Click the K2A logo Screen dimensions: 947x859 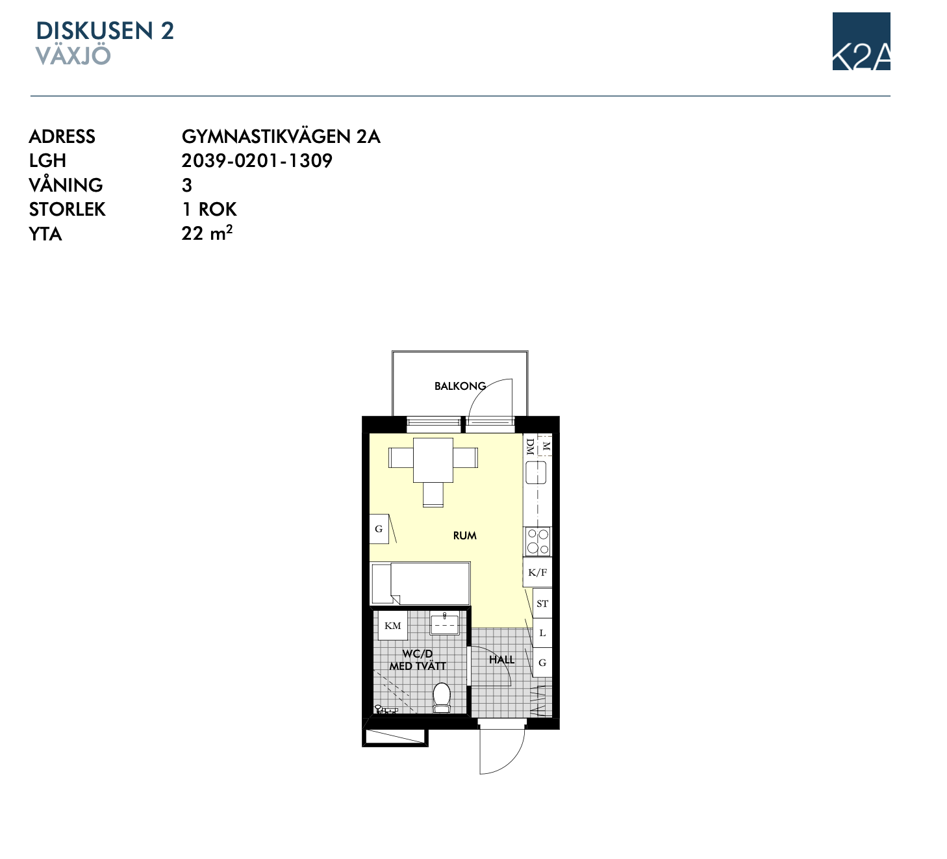point(861,41)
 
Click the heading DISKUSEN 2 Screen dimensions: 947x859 point(105,31)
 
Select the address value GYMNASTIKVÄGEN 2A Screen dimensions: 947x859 point(281,136)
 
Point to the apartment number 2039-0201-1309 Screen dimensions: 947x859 point(257,160)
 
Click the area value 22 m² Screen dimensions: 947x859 point(207,233)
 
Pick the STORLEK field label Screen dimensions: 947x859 point(67,209)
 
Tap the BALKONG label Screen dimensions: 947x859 point(461,386)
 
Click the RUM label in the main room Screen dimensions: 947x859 point(464,535)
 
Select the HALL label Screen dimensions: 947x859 point(501,660)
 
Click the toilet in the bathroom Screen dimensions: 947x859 point(442,697)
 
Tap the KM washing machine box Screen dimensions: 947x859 point(393,626)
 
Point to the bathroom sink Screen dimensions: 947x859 point(444,624)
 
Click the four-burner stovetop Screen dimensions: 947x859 point(538,541)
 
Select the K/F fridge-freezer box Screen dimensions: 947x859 point(537,572)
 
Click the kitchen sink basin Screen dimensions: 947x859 point(536,472)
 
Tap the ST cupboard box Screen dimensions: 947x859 point(542,604)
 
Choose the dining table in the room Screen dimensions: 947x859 point(433,460)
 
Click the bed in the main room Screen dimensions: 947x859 point(420,583)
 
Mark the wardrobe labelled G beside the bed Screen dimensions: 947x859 point(379,529)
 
